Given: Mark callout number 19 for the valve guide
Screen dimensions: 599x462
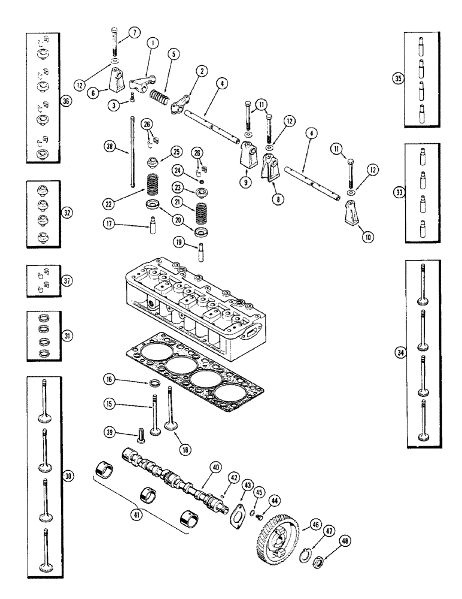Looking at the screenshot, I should (x=179, y=241).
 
